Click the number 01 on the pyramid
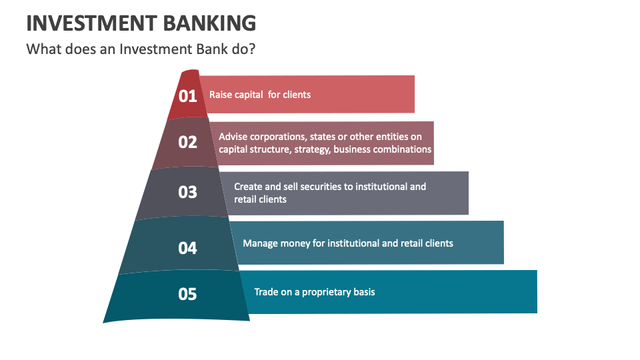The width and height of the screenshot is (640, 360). point(188,96)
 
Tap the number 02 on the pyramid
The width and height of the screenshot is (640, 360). point(188,142)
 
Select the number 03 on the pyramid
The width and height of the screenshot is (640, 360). point(188,192)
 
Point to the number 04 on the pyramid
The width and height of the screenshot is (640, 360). point(188,248)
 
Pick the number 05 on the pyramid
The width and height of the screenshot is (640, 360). point(188,293)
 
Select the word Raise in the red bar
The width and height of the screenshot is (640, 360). point(221,95)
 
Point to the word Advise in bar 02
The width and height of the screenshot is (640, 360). point(233,137)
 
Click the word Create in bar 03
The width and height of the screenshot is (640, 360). point(248,187)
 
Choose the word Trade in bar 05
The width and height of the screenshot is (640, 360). point(267,292)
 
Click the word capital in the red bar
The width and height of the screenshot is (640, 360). point(248,95)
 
